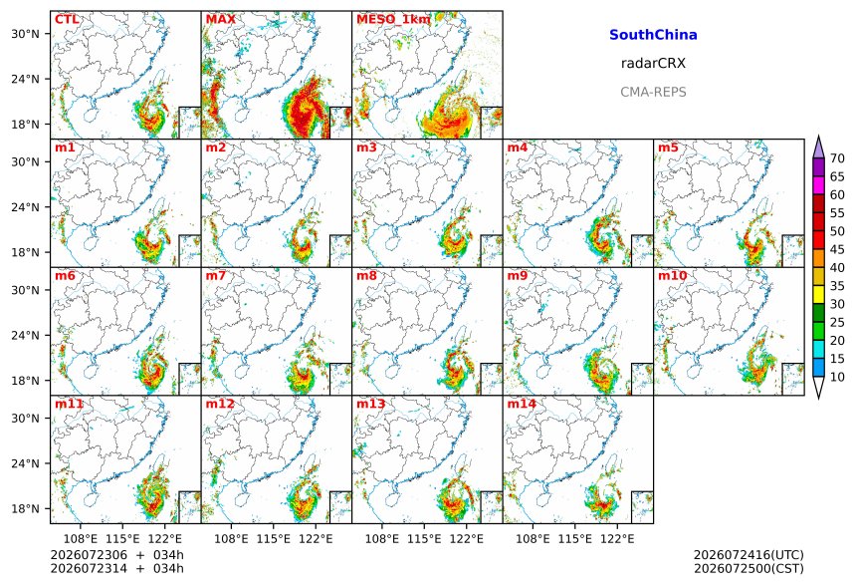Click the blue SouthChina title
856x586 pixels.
click(653, 35)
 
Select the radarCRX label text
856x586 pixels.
click(653, 64)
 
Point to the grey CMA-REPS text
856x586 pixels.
click(653, 92)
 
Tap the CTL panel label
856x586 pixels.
click(67, 20)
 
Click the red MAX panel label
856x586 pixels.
click(221, 20)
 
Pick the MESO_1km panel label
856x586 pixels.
click(393, 20)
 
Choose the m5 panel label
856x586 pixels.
click(668, 147)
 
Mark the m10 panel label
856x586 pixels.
click(672, 275)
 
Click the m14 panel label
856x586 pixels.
click(522, 404)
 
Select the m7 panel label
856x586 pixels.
click(216, 275)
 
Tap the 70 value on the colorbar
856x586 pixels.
click(837, 158)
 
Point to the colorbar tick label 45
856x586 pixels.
click(837, 249)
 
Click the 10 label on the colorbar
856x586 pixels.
click(837, 377)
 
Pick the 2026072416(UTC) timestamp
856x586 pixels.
click(749, 555)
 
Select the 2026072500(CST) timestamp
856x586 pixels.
click(749, 569)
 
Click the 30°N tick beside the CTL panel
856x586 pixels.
click(25, 34)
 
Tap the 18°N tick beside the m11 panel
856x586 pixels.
click(25, 509)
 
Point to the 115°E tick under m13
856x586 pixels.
click(424, 539)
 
